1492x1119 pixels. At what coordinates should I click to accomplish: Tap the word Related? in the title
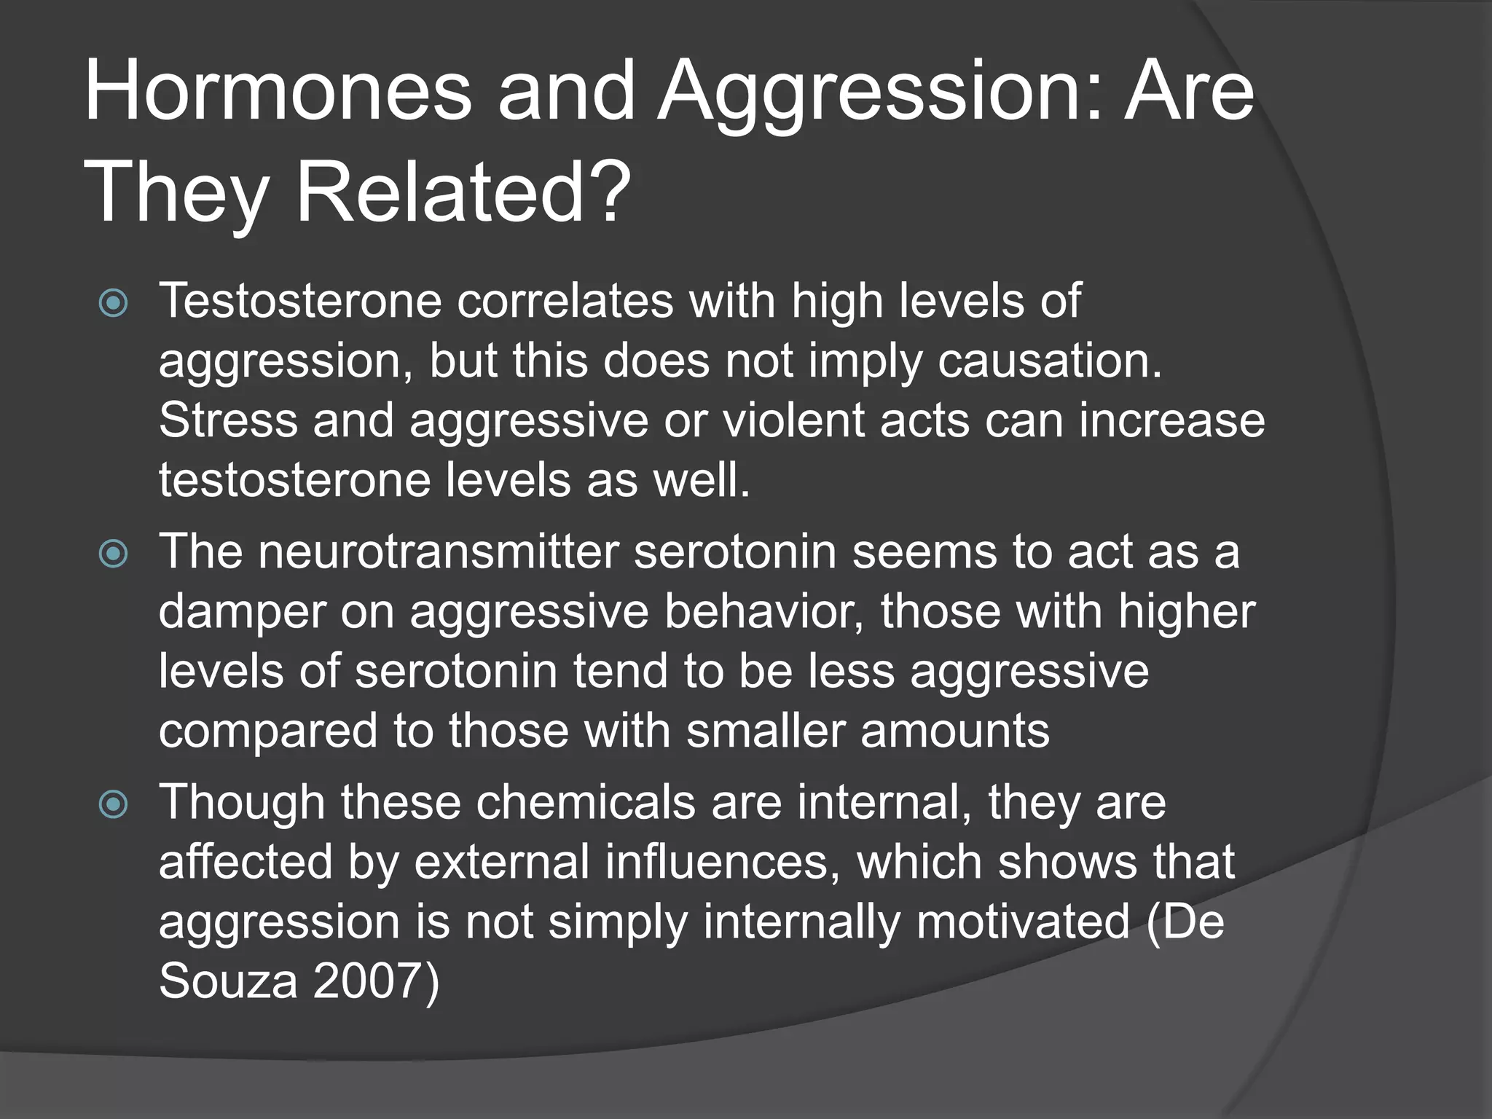pos(463,193)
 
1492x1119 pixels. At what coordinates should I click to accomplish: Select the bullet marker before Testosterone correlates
pos(114,303)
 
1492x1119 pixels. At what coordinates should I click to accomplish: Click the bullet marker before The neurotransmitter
pos(114,554)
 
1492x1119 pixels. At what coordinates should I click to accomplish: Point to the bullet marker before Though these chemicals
pos(114,804)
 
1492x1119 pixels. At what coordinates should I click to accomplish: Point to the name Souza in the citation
pos(228,981)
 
